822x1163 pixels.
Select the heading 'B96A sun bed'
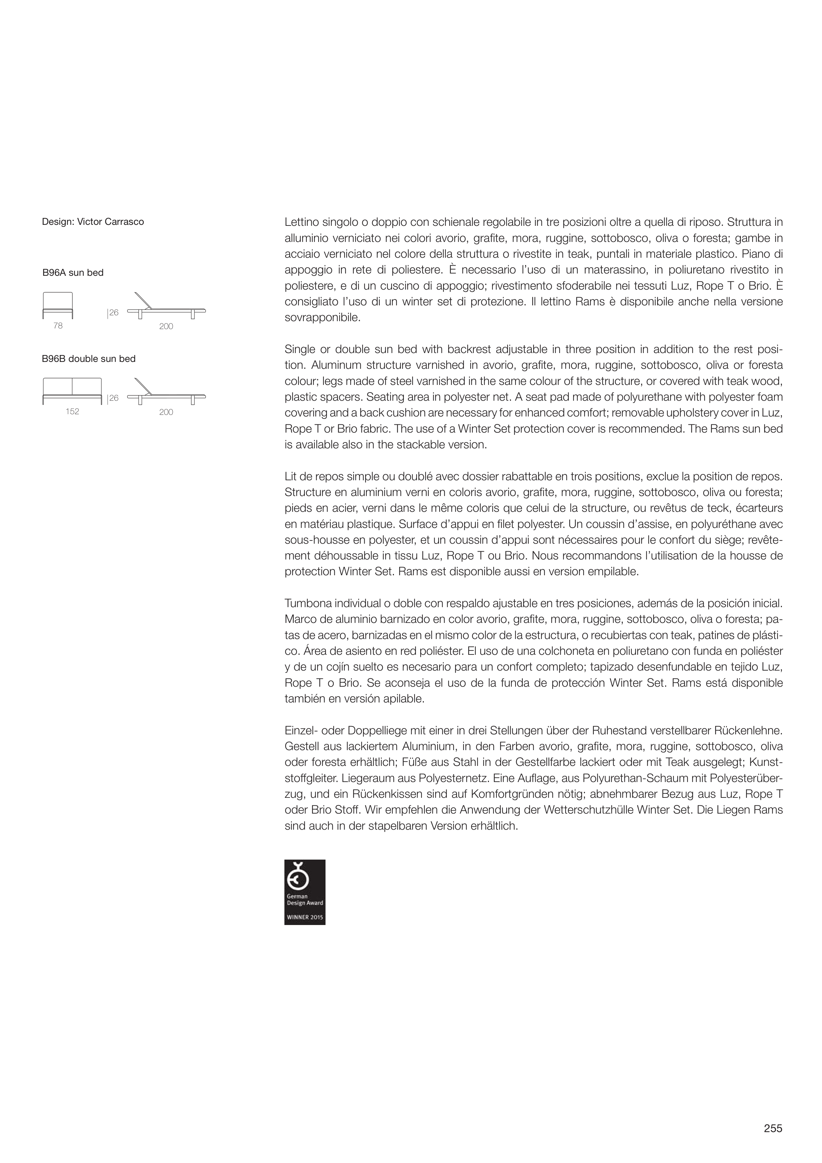pos(73,273)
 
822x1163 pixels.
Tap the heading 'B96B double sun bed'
pos(89,359)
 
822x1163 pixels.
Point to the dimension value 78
pos(58,326)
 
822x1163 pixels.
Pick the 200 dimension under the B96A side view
pos(166,327)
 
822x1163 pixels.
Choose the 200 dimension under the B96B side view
pos(166,412)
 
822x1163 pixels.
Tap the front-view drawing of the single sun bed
pos(58,305)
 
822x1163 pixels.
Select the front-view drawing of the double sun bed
pos(72,391)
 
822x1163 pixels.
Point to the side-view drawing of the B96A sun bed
pos(166,306)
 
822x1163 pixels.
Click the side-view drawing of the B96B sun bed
pos(166,392)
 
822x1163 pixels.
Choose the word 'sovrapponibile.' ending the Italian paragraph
pos(322,318)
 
